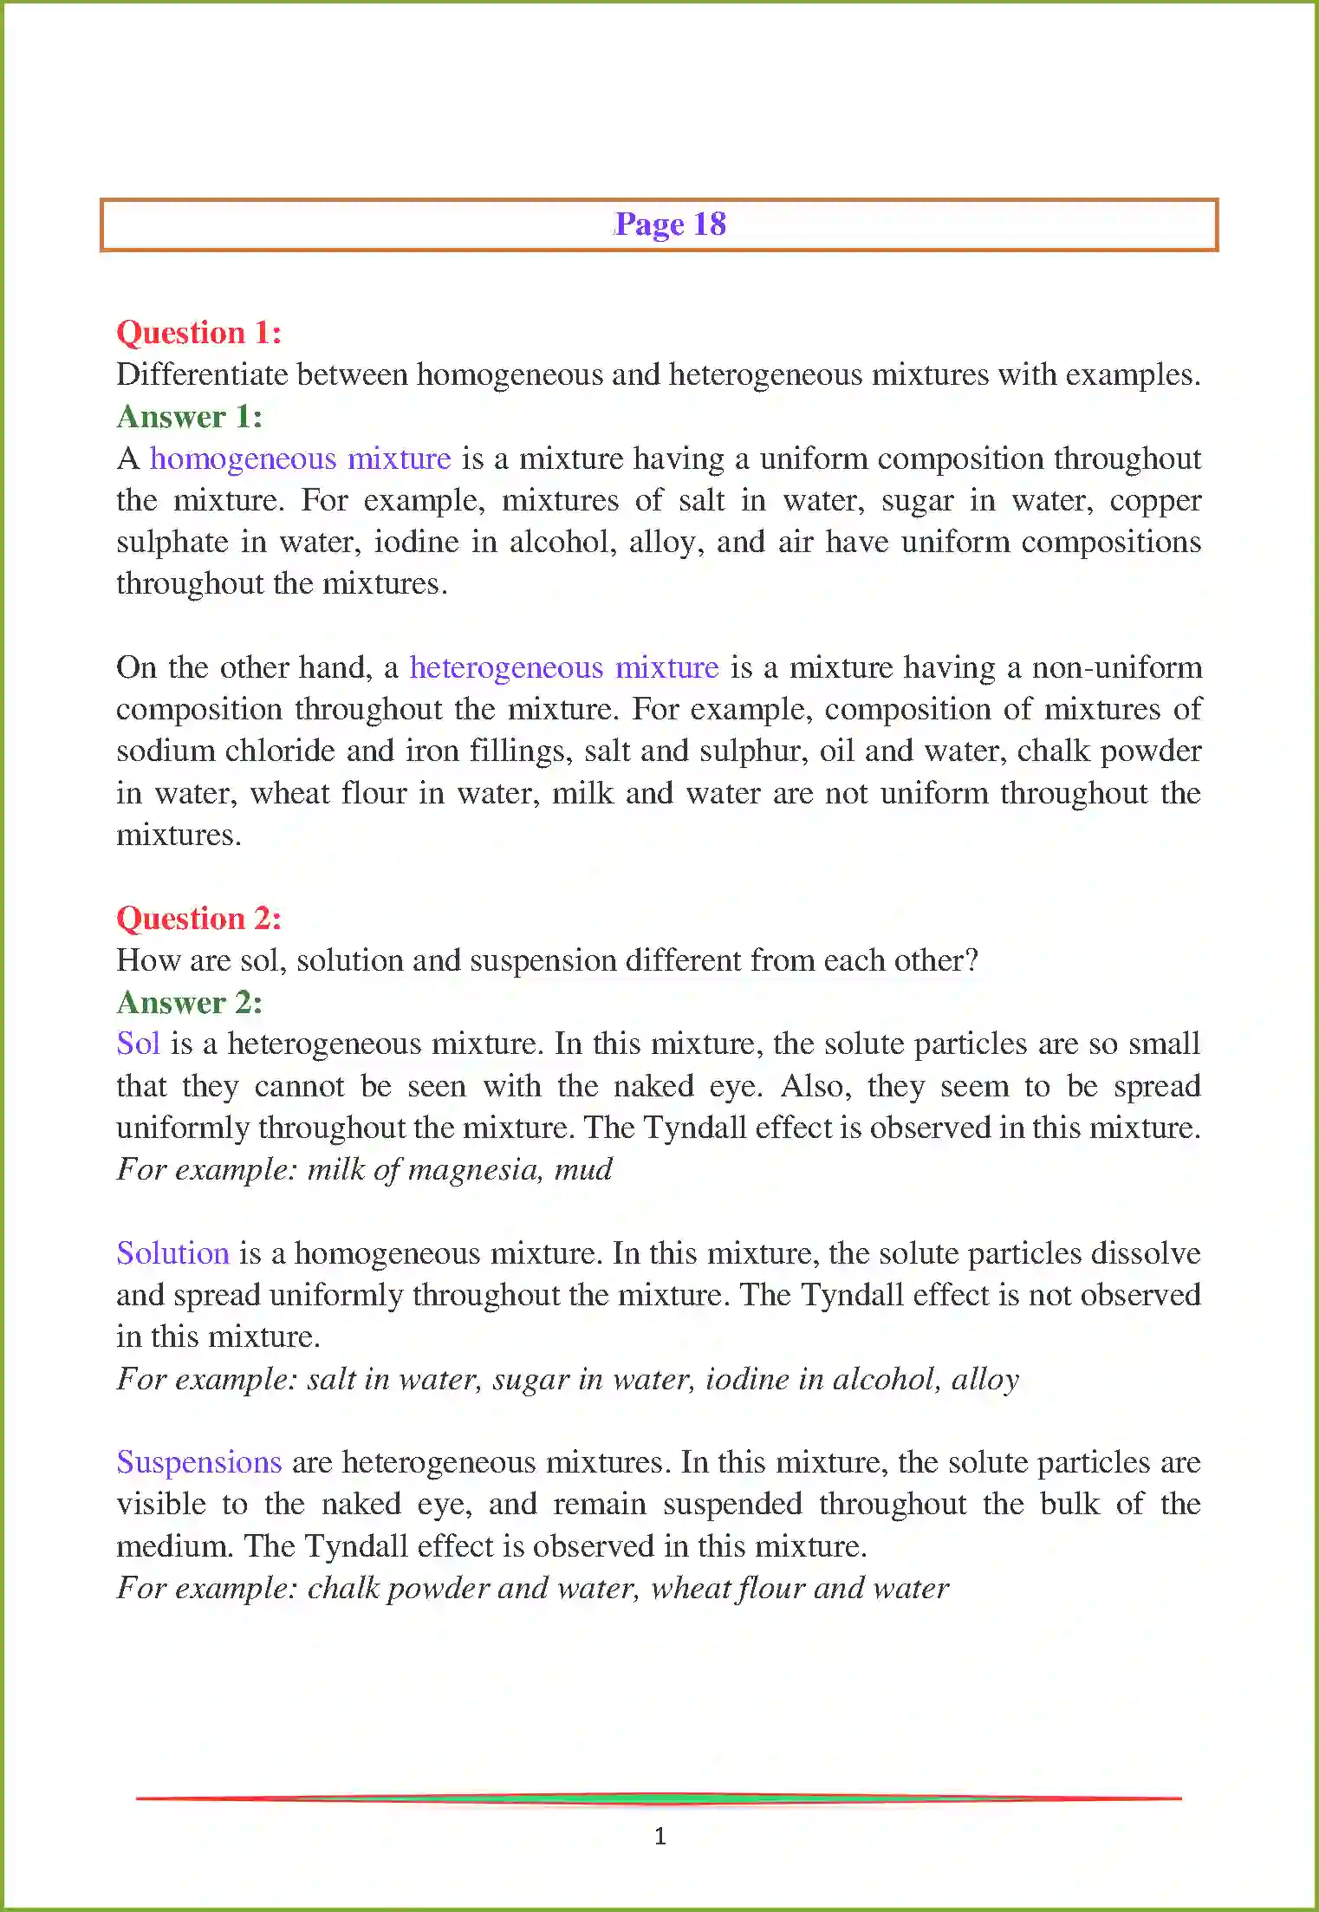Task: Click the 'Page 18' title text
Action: (670, 224)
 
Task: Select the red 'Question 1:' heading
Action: (198, 333)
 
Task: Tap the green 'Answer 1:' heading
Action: (189, 417)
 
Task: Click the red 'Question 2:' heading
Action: (198, 919)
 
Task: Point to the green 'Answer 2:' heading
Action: (189, 1003)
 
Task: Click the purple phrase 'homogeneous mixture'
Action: (300, 458)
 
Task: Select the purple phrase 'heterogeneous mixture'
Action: (563, 667)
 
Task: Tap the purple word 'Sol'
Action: (138, 1044)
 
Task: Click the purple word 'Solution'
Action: (172, 1253)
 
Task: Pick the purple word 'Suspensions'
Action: (198, 1462)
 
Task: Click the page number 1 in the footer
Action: (660, 1835)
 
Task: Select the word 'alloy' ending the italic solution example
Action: (984, 1379)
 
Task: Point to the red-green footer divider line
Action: (659, 1798)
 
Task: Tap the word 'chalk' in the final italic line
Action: (343, 1588)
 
